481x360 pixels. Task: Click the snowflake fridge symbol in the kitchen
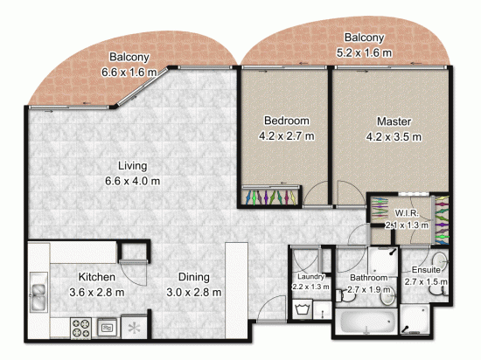pos(134,329)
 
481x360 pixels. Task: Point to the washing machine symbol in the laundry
pos(303,308)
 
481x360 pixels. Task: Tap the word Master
pos(394,121)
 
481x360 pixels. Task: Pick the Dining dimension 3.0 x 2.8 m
pos(194,291)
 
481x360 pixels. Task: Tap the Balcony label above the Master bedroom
pos(364,38)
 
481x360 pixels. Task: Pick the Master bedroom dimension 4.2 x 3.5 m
pos(394,136)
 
